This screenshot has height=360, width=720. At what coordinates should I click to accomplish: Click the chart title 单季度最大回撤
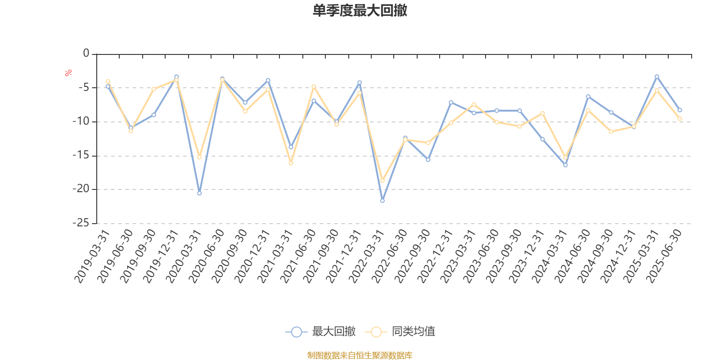(x=360, y=10)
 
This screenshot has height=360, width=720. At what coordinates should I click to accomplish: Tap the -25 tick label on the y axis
(x=81, y=223)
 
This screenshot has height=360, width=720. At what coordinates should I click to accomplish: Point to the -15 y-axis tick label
(x=81, y=155)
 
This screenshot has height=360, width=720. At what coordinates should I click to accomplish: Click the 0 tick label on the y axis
(x=86, y=54)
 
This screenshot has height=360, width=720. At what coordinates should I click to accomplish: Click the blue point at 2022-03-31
(x=382, y=200)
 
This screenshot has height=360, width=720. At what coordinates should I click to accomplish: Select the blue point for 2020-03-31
(x=199, y=193)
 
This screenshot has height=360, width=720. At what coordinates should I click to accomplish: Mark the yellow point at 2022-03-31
(x=382, y=180)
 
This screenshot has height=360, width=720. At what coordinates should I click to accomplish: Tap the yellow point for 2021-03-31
(x=291, y=163)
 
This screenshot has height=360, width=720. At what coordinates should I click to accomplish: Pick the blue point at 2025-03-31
(x=657, y=76)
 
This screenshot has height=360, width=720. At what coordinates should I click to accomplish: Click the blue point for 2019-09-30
(x=153, y=115)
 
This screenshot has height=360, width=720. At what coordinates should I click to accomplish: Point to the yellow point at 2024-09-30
(x=611, y=131)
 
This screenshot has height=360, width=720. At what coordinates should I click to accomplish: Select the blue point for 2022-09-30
(x=428, y=160)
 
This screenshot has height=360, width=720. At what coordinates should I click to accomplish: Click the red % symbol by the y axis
(x=68, y=73)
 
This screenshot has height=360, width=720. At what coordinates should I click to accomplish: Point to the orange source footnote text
(x=360, y=355)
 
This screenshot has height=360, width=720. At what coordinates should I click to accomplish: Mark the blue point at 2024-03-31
(x=565, y=165)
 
